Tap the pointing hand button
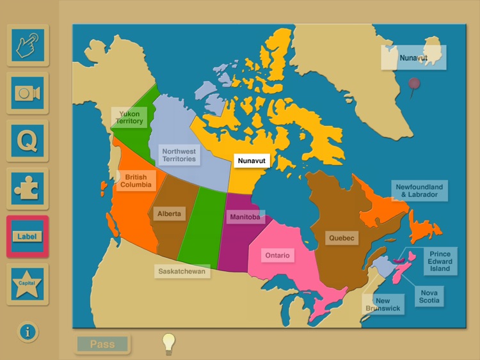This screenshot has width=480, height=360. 28,45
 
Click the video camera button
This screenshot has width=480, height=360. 28,93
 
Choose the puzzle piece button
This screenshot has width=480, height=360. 28,189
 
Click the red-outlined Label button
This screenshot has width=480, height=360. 28,237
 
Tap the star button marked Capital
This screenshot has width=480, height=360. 28,284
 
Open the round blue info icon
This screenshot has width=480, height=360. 28,332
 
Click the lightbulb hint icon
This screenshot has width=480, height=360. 168,343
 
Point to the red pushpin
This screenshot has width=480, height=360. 415,84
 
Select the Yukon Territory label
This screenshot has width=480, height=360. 130,118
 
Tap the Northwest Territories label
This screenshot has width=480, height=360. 179,154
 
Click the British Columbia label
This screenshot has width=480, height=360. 136,181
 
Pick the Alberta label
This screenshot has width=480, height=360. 169,214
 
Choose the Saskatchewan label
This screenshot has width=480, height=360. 183,271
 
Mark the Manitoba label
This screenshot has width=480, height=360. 245,217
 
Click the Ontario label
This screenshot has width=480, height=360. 278,256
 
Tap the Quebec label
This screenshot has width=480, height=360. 342,238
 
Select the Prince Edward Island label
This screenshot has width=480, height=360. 440,261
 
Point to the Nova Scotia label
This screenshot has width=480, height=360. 429,296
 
